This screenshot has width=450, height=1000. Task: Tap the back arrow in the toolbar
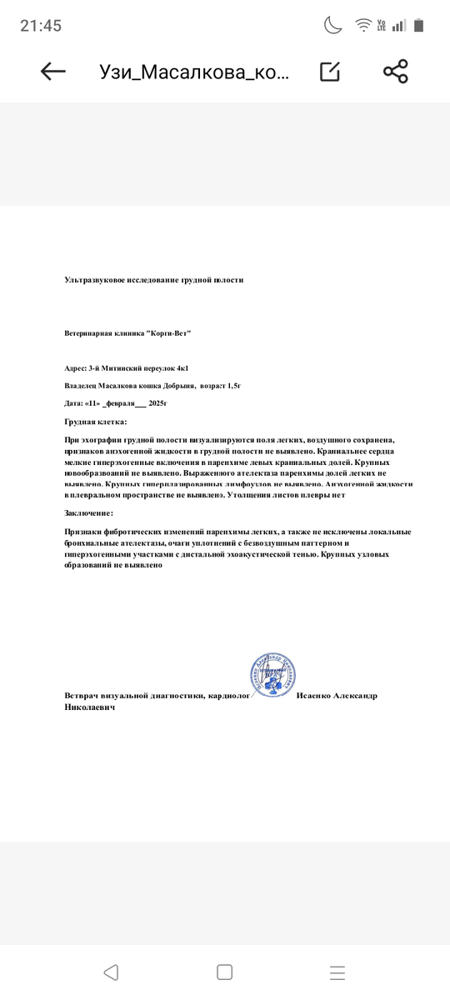click(x=53, y=72)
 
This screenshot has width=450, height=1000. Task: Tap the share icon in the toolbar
click(x=395, y=72)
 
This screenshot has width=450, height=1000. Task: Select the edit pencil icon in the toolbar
click(x=330, y=72)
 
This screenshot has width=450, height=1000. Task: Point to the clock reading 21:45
click(x=41, y=26)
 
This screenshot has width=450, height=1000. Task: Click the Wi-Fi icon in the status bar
click(x=363, y=25)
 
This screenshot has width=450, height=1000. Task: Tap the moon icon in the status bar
click(x=333, y=25)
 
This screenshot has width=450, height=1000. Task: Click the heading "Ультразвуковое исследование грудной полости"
click(x=154, y=280)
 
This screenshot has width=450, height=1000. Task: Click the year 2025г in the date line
click(x=157, y=403)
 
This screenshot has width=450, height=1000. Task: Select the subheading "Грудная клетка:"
click(x=96, y=422)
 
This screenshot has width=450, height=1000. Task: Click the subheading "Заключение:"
click(x=88, y=513)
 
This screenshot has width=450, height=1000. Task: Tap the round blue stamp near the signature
click(x=273, y=677)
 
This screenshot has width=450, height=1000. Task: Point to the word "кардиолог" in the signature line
click(x=229, y=696)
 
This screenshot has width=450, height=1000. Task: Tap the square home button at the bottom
click(x=224, y=972)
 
